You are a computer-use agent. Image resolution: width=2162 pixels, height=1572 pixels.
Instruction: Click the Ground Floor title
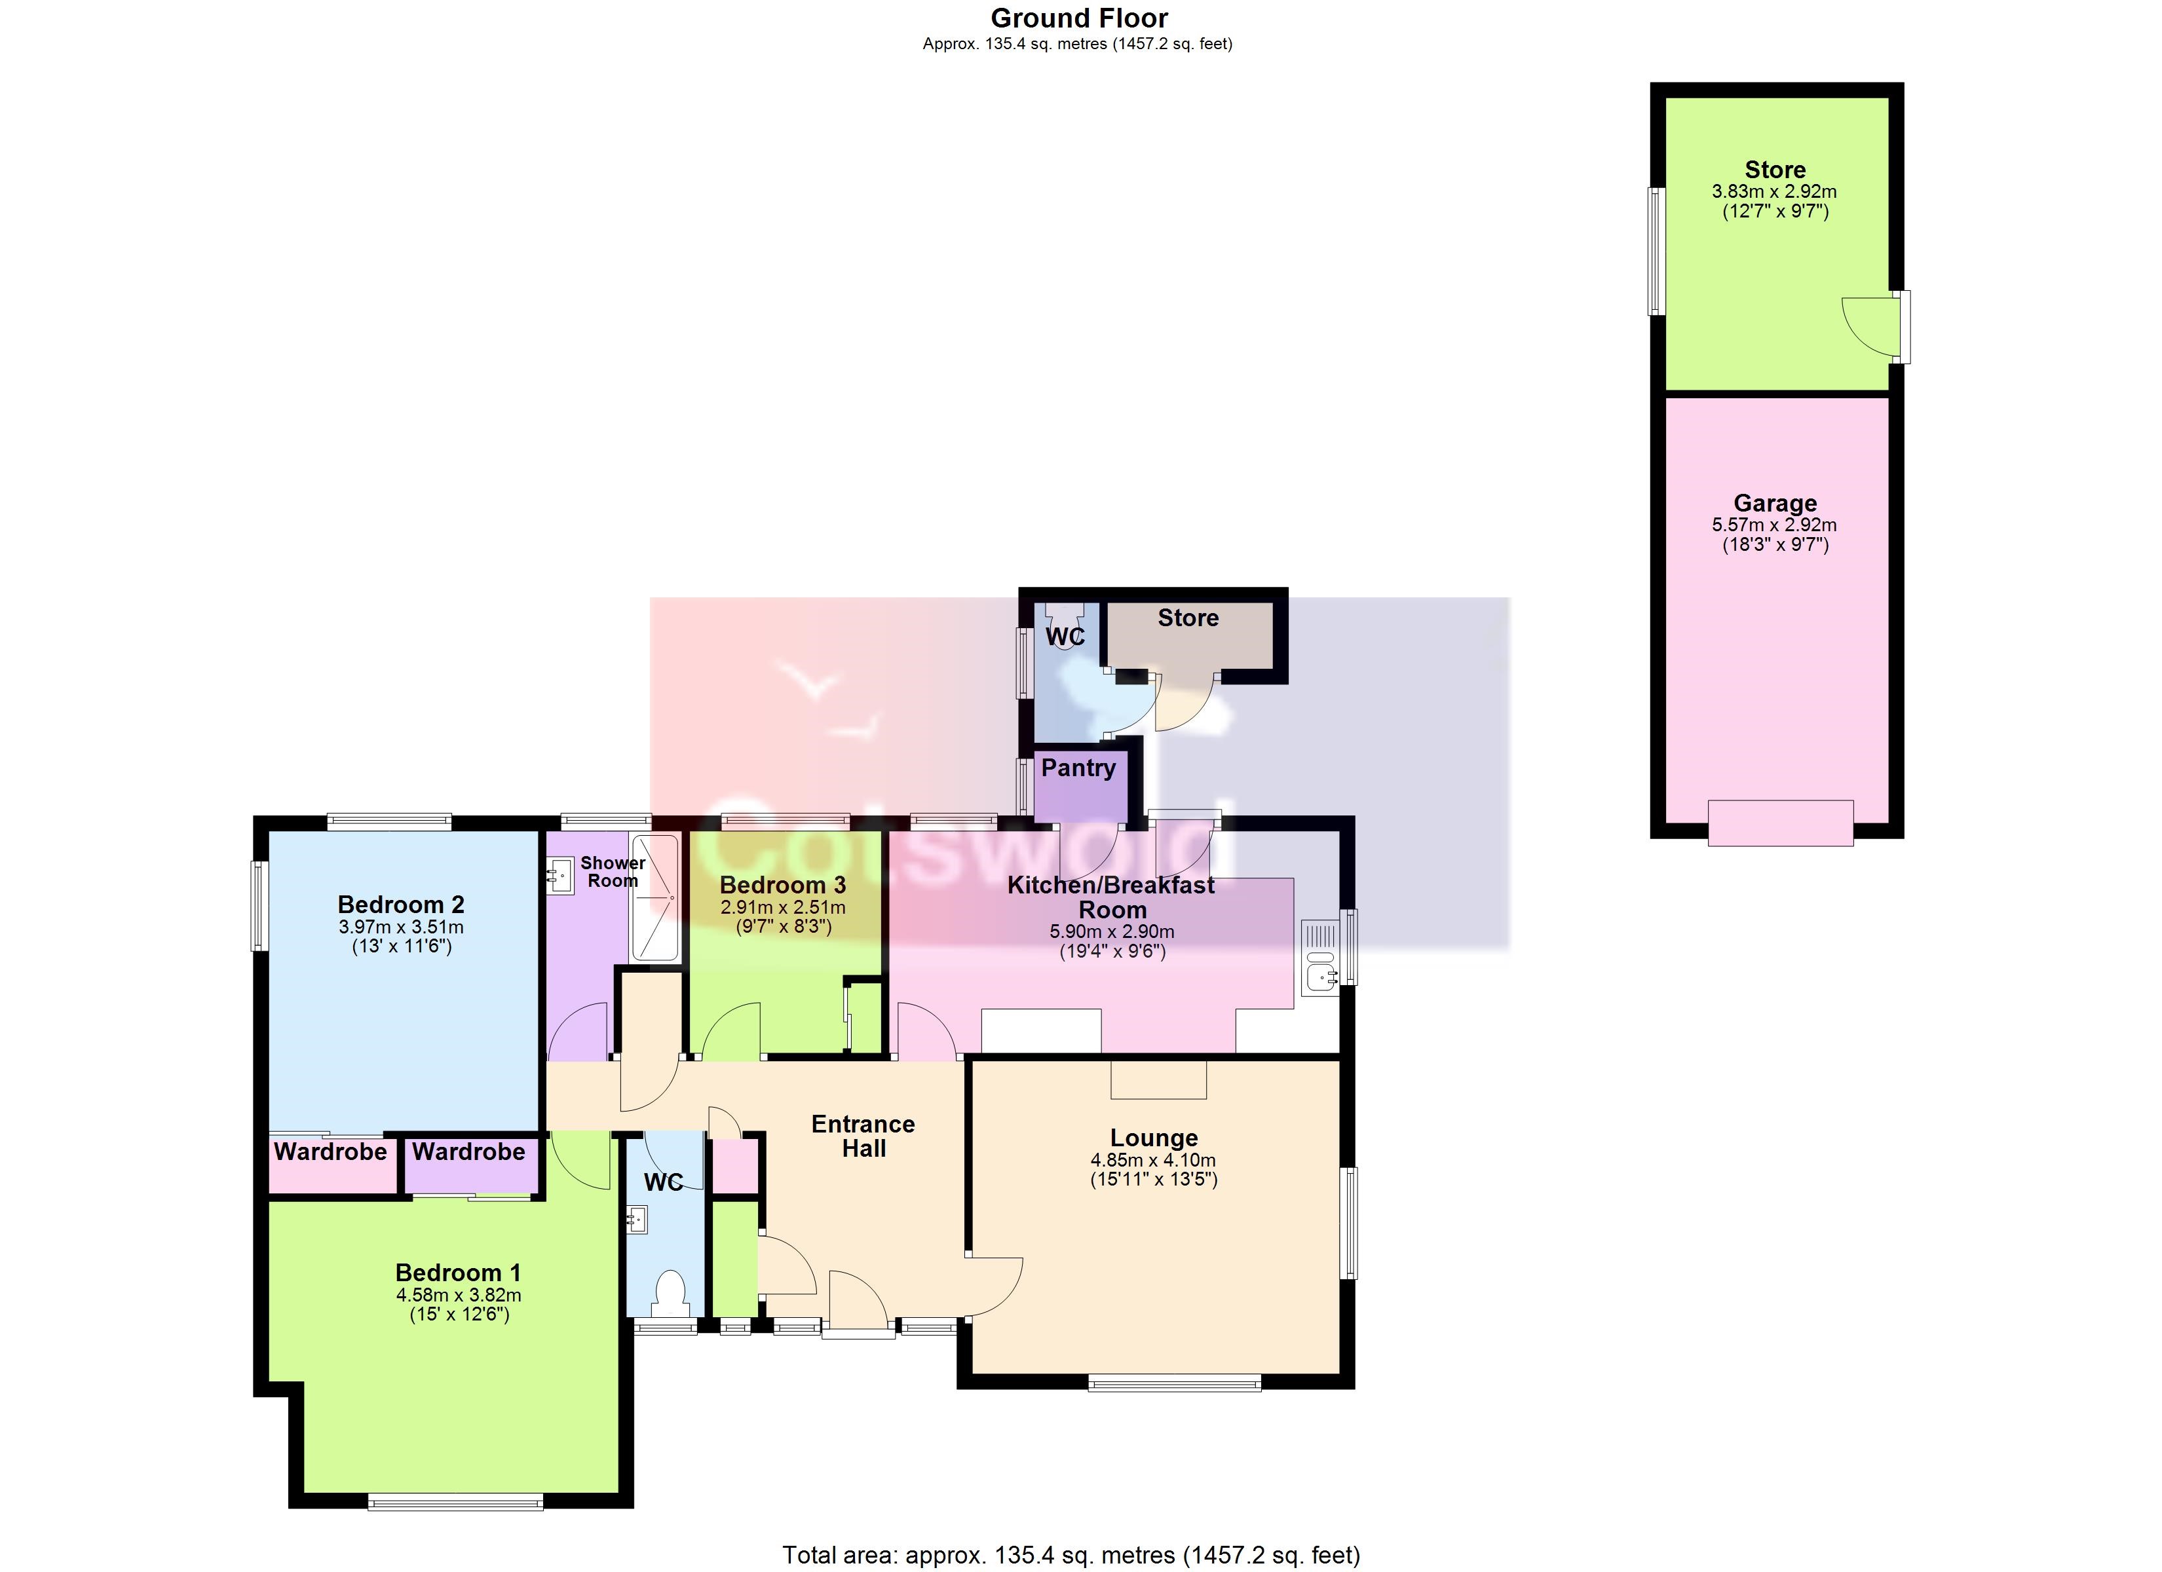pyautogui.click(x=1079, y=18)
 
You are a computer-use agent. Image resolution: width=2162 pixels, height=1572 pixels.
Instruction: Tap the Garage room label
pyautogui.click(x=1775, y=503)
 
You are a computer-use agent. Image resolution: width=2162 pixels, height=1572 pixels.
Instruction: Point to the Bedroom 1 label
pyautogui.click(x=459, y=1273)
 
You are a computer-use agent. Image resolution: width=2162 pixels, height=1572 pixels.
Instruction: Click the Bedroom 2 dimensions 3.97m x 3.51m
pyautogui.click(x=402, y=927)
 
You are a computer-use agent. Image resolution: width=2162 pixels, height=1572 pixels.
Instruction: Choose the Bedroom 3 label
pyautogui.click(x=783, y=886)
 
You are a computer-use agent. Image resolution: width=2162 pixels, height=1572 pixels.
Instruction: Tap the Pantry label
pyautogui.click(x=1078, y=768)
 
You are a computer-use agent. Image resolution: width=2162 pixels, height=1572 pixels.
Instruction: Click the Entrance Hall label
pyautogui.click(x=863, y=1136)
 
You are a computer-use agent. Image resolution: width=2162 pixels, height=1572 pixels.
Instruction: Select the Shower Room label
pyautogui.click(x=613, y=871)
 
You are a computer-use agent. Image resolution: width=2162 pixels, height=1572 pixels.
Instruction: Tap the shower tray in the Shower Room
pyautogui.click(x=655, y=898)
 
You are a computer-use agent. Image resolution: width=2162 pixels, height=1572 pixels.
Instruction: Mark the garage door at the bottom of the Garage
pyautogui.click(x=1781, y=823)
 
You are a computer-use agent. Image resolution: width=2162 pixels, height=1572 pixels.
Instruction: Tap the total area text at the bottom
pyautogui.click(x=1071, y=1556)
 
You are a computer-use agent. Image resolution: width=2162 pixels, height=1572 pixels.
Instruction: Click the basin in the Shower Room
pyautogui.click(x=561, y=875)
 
